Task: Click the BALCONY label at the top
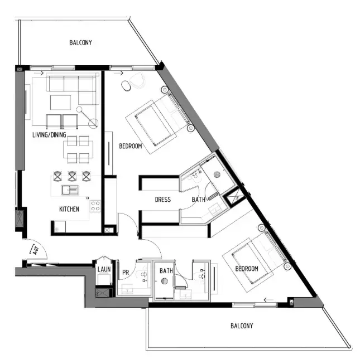pos(80,43)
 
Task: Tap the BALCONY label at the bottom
pos(242,326)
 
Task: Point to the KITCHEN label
pos(69,209)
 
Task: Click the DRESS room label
pos(162,200)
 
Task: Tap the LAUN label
pos(103,270)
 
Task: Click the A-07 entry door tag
pos(36,250)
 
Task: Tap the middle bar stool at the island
pos(72,176)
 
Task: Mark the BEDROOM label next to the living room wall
pos(130,146)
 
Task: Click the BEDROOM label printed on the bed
pos(247,269)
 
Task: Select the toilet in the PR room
pos(144,275)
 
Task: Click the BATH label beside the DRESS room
pos(199,200)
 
